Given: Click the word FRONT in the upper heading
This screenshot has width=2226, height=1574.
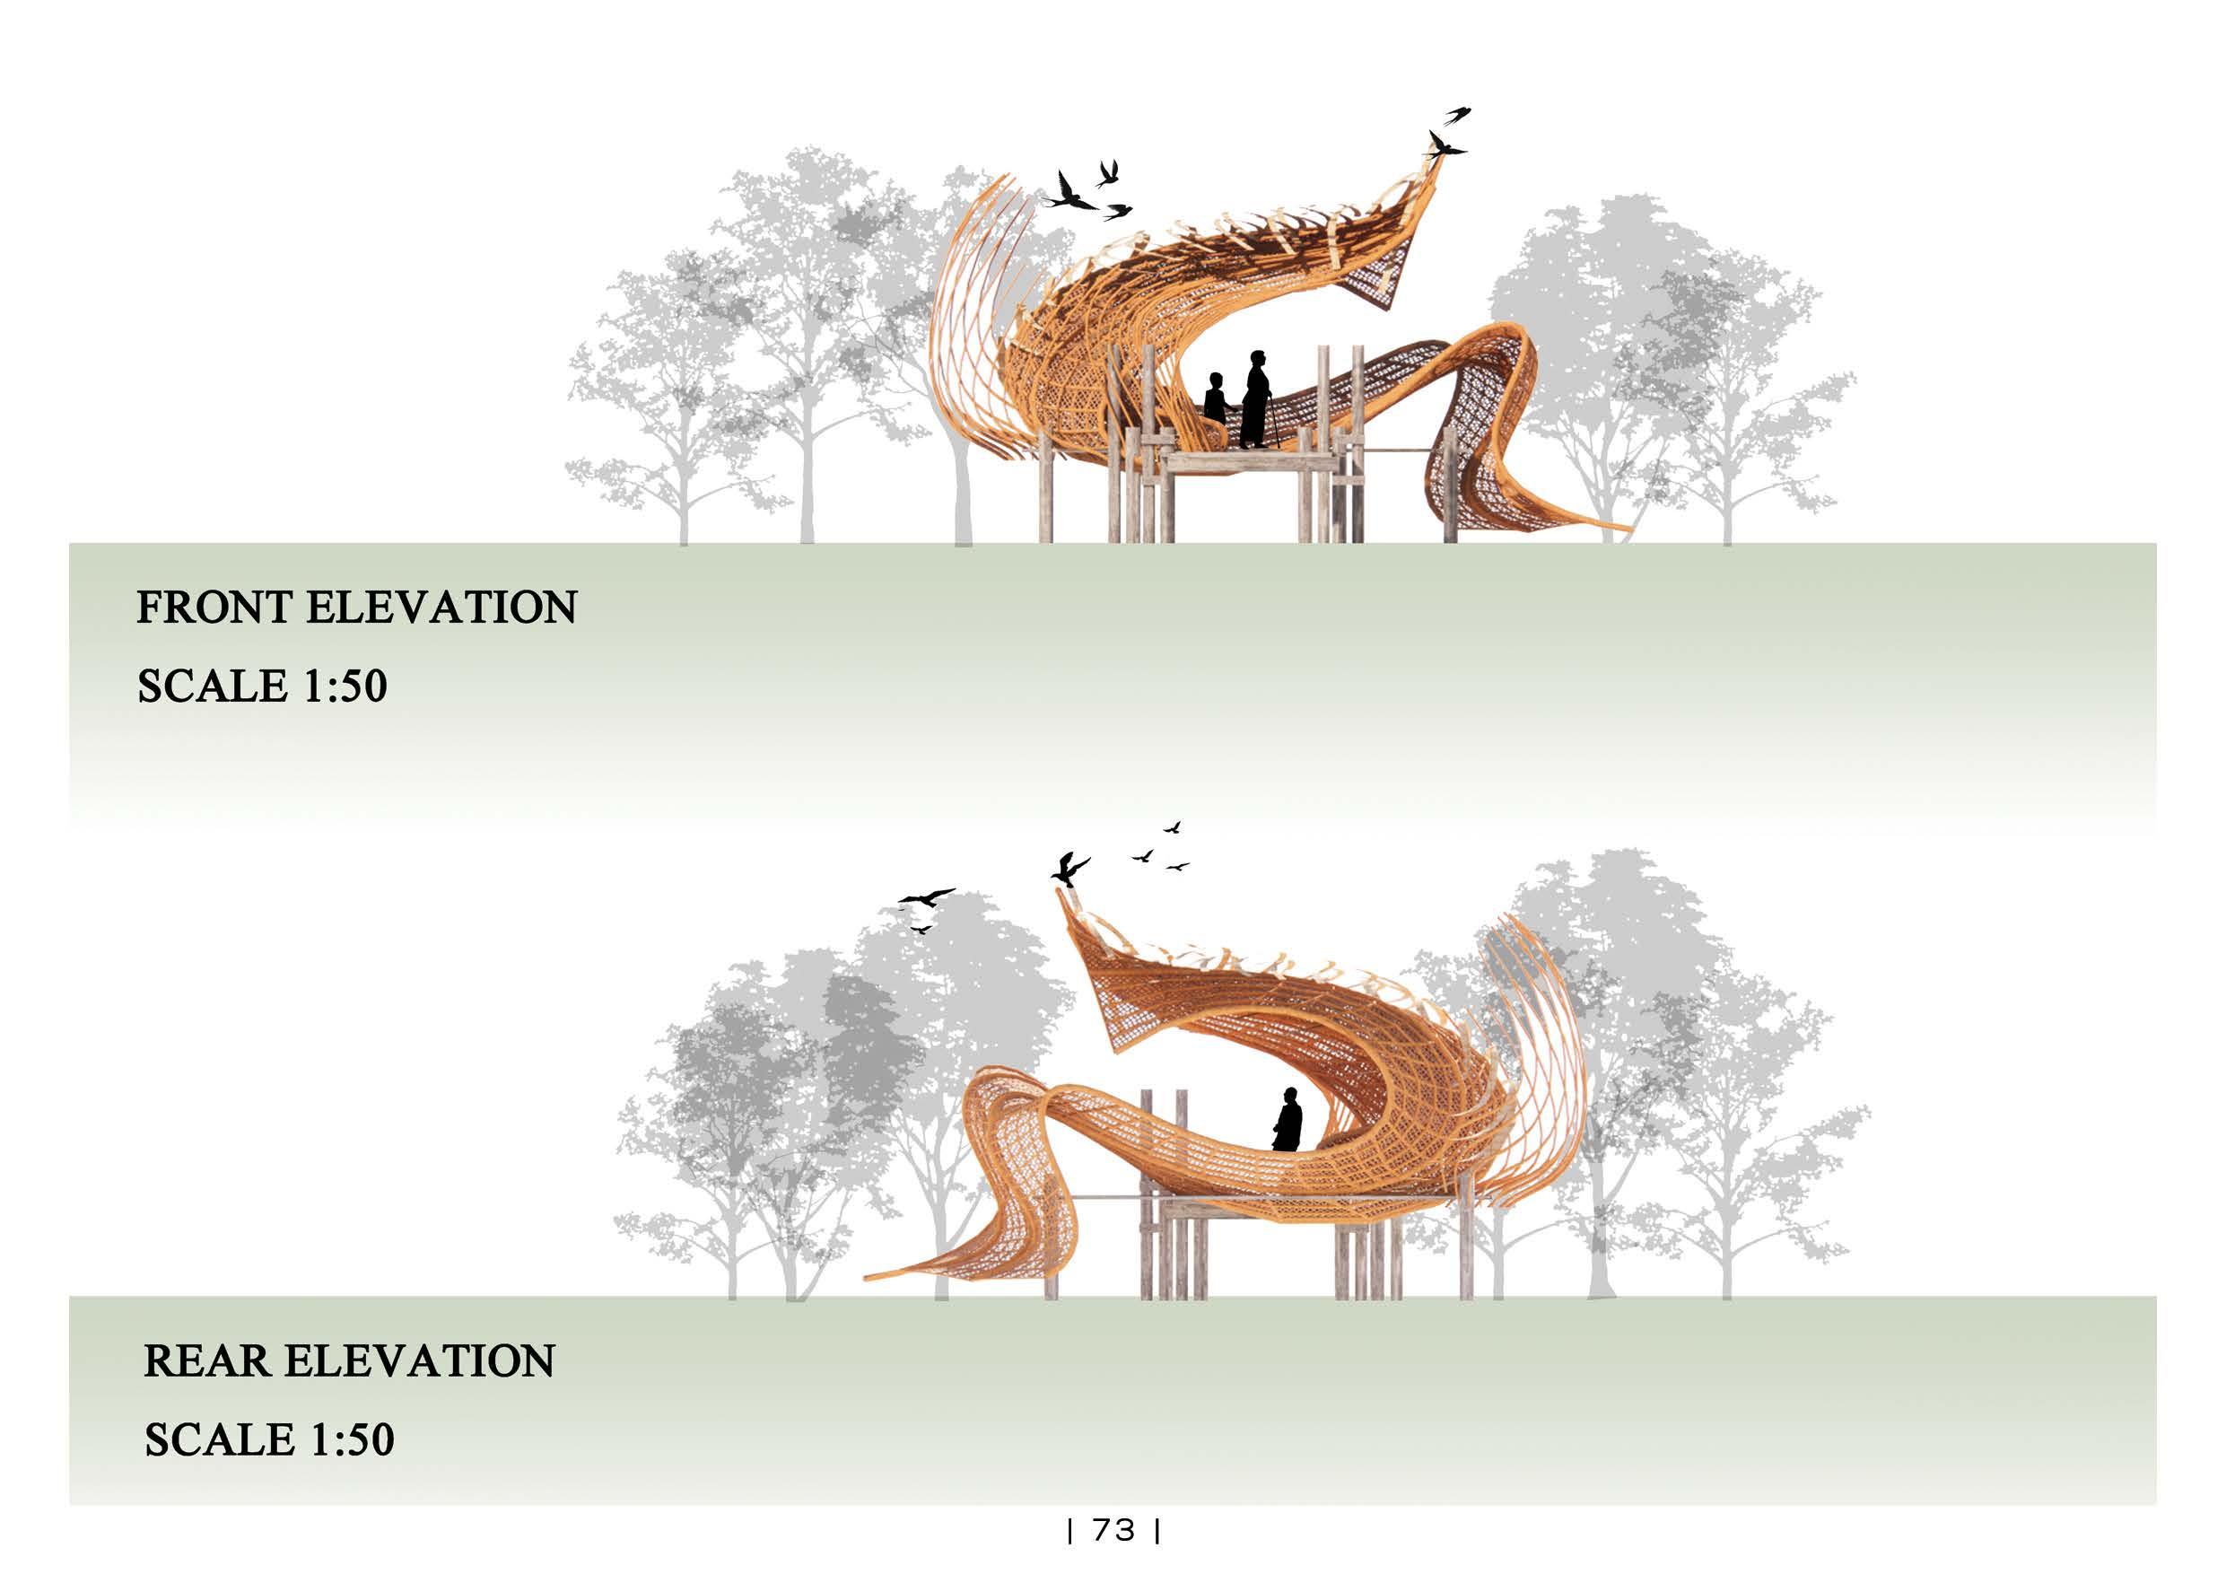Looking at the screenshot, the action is click(x=214, y=608).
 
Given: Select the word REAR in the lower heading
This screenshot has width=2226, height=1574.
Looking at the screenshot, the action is click(x=206, y=1361).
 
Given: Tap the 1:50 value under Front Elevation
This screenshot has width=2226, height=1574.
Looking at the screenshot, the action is click(x=345, y=686).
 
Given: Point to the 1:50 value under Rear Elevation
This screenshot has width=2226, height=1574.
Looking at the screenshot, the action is click(x=351, y=1440).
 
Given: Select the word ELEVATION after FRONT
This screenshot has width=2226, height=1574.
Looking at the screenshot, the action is click(x=441, y=608).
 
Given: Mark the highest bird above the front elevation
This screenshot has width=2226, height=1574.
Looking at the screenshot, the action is click(x=1457, y=115).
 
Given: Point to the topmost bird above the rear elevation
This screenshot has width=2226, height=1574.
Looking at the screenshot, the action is click(x=1172, y=827).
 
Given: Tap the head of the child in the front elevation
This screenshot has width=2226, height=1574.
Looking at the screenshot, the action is click(x=1216, y=380).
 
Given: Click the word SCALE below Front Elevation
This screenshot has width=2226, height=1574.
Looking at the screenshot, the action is click(x=213, y=686).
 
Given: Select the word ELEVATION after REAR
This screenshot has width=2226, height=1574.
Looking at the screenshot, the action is click(x=419, y=1361).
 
